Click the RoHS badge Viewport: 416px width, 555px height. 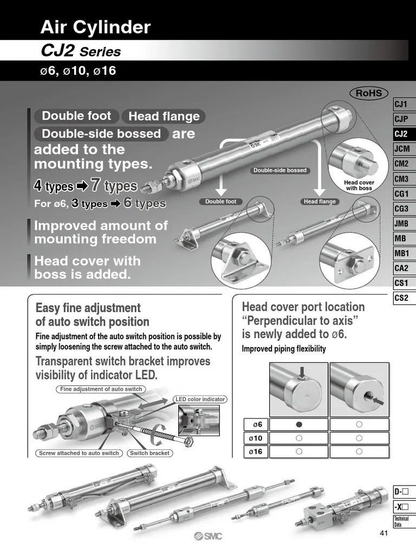click(x=368, y=93)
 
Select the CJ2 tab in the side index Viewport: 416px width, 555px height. click(x=401, y=134)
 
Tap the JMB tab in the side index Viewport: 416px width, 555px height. click(x=401, y=223)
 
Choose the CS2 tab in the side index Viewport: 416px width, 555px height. click(x=401, y=298)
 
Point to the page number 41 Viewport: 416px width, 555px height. click(x=384, y=533)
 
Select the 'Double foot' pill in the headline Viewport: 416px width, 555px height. click(x=76, y=116)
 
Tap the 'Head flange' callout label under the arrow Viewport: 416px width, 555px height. click(x=320, y=202)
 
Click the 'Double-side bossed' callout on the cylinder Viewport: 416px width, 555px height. click(x=280, y=170)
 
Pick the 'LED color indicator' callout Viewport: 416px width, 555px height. click(x=200, y=399)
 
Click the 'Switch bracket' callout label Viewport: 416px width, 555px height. click(x=149, y=453)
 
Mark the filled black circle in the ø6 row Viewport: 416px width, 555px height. click(x=298, y=424)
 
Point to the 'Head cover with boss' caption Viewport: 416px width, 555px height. click(x=359, y=185)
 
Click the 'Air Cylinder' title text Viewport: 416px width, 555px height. click(x=95, y=27)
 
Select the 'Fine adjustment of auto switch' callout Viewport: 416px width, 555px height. click(x=101, y=389)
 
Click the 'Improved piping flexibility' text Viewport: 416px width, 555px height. click(x=283, y=349)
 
